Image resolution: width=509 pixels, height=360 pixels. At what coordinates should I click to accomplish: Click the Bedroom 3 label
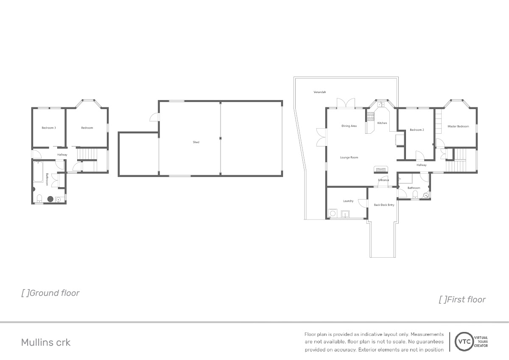tap(49, 128)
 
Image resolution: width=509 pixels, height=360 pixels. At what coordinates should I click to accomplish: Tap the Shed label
tap(196, 142)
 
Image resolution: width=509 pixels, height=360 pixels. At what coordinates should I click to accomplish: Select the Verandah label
tap(320, 92)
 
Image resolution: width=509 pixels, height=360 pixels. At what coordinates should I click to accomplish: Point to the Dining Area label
tap(349, 126)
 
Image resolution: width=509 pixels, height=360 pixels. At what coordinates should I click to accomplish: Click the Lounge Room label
tap(349, 157)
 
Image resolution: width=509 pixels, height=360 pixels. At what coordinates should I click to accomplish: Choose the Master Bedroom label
tap(459, 127)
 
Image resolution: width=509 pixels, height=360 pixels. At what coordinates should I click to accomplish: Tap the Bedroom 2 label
tap(417, 130)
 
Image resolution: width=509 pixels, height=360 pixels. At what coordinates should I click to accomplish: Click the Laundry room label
tap(348, 201)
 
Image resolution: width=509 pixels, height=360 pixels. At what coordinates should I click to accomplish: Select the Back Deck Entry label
tap(384, 205)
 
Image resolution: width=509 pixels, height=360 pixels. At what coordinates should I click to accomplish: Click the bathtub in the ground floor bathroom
tap(38, 172)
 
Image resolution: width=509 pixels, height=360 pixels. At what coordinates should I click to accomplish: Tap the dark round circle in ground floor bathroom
tap(50, 199)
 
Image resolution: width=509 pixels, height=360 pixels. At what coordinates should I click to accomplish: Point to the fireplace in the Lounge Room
tap(381, 170)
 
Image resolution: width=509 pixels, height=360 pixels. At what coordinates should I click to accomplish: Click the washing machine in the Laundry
tap(333, 214)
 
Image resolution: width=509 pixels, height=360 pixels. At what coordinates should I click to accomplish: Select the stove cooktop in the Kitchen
tap(371, 117)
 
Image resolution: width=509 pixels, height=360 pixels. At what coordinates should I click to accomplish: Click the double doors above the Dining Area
tap(346, 103)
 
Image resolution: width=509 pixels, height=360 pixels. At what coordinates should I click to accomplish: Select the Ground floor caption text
tap(50, 293)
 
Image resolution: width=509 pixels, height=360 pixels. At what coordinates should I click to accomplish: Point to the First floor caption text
tap(462, 300)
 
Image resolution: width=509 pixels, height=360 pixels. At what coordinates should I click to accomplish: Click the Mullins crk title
tap(46, 343)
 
